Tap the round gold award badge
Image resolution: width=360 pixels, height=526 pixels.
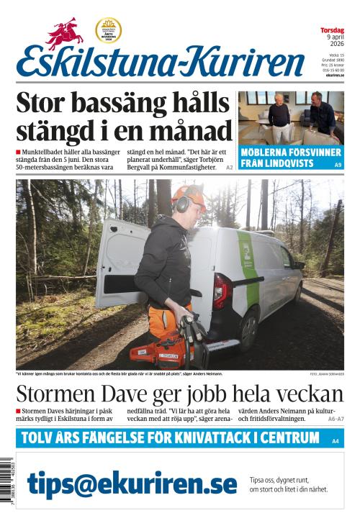108,30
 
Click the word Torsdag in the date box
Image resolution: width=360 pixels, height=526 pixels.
332,30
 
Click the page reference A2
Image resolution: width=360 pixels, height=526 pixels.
230,167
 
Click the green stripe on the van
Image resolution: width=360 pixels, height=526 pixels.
250,266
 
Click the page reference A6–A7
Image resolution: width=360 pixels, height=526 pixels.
336,418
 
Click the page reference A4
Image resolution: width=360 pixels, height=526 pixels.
336,440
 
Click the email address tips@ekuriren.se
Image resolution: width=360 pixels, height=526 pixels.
132,484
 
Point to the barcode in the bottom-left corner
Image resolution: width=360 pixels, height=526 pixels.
7,484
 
